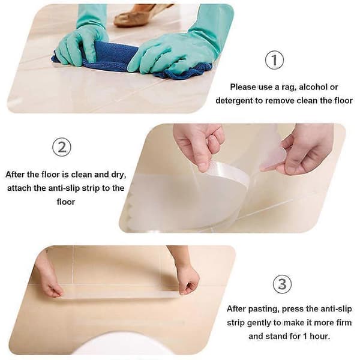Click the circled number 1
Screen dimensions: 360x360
[x=274, y=60]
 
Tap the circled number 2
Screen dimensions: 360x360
[x=62, y=148]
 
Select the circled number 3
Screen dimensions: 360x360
[x=282, y=284]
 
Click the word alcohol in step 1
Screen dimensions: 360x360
[x=313, y=87]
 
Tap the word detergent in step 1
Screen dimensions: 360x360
[x=234, y=101]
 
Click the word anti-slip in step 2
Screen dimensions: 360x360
[x=64, y=188]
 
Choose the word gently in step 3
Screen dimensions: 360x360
[x=257, y=323]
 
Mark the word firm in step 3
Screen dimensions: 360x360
[x=343, y=323]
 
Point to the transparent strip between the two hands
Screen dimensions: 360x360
[x=120, y=295]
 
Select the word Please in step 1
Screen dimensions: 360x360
[x=243, y=87]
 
